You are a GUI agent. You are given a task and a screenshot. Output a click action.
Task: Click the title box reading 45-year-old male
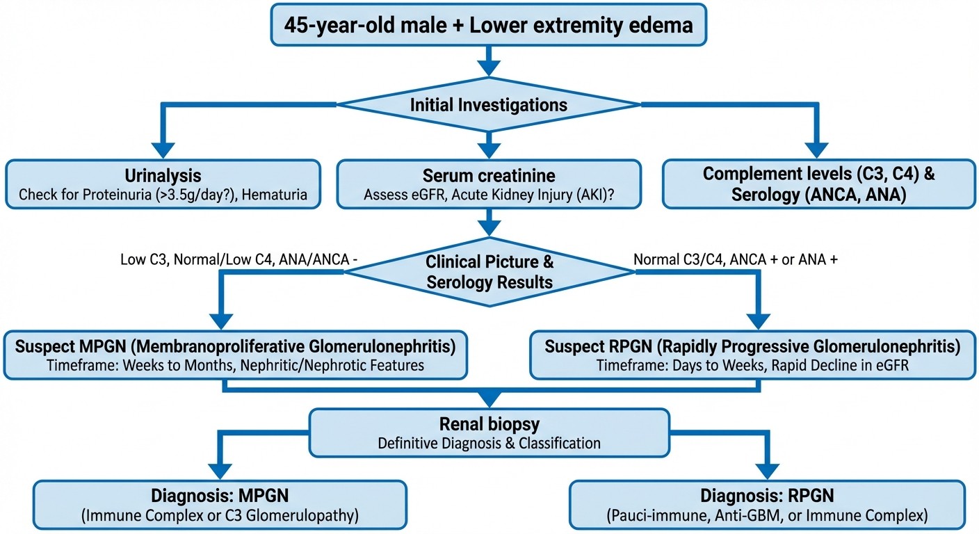point(489,26)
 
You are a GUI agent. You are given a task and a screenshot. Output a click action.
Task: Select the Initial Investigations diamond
point(489,105)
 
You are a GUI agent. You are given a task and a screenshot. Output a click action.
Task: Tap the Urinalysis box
point(163,184)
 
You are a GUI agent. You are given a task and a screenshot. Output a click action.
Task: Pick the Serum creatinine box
point(489,184)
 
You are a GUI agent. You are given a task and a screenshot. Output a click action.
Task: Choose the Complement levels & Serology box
point(818,184)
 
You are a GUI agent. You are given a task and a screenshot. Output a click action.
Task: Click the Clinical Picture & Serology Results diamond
point(489,272)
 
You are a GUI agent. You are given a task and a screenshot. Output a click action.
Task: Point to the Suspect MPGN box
point(236,355)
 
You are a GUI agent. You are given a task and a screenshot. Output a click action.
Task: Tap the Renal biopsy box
point(489,432)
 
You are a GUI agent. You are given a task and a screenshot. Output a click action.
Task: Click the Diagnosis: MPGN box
point(220,506)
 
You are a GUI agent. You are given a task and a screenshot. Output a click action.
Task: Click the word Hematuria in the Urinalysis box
point(276,195)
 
